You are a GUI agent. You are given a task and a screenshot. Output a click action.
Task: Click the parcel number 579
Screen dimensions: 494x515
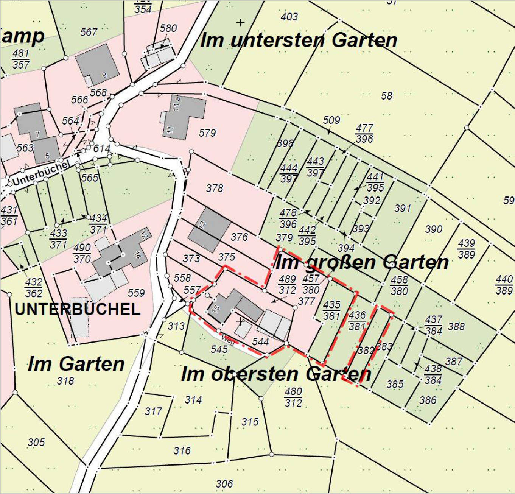point(207,133)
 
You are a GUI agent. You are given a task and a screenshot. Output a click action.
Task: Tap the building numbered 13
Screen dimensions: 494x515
point(209,229)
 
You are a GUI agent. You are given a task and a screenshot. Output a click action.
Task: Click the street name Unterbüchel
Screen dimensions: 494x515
point(41,172)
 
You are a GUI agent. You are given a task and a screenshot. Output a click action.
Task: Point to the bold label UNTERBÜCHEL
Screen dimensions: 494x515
point(77,309)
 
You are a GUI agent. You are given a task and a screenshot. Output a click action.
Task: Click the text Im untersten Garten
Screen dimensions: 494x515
point(298,40)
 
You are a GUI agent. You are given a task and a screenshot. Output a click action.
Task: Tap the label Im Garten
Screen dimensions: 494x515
point(76,364)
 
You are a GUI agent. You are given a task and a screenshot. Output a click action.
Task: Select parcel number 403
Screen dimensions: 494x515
point(289,17)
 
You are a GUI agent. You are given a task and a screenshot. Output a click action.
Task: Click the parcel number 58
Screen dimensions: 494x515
point(386,96)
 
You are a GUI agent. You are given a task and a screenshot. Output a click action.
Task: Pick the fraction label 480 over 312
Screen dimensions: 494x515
point(293,397)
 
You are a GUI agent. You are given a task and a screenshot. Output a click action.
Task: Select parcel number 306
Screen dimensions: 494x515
point(224,483)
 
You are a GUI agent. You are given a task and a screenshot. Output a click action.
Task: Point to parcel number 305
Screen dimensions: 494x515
point(36,442)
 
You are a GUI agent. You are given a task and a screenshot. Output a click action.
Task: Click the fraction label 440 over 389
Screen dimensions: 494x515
point(504,285)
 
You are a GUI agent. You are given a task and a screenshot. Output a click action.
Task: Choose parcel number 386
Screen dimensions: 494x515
point(428,400)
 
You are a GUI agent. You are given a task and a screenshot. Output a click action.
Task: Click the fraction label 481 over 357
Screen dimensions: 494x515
point(21,59)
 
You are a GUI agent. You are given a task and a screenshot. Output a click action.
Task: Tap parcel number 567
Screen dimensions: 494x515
point(89,32)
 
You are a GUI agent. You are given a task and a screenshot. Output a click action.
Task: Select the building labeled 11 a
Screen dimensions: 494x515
point(185,114)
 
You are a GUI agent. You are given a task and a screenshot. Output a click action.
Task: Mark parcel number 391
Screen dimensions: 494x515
point(402,208)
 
